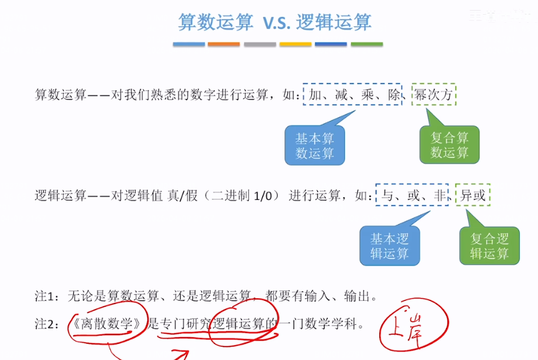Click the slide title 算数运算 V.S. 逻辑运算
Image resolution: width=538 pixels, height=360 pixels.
tap(274, 22)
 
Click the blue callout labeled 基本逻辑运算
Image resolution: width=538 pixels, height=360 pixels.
tap(389, 246)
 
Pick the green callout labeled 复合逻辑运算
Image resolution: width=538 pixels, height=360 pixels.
tap(489, 246)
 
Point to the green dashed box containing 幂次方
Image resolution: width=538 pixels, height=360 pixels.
tap(434, 95)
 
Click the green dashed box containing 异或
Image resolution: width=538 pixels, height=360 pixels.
tap(473, 196)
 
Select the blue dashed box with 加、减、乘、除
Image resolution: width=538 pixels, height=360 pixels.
tap(352, 95)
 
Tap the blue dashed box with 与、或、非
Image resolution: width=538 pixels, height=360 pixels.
tap(412, 196)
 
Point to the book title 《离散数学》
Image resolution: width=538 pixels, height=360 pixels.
tap(108, 323)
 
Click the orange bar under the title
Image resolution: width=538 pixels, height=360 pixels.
tap(224, 44)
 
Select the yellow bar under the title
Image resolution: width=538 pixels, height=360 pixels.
tap(295, 44)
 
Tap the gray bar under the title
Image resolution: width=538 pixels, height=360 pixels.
tap(260, 44)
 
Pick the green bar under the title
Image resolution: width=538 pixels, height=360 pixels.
tap(367, 44)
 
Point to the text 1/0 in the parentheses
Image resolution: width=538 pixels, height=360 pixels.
tap(262, 196)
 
